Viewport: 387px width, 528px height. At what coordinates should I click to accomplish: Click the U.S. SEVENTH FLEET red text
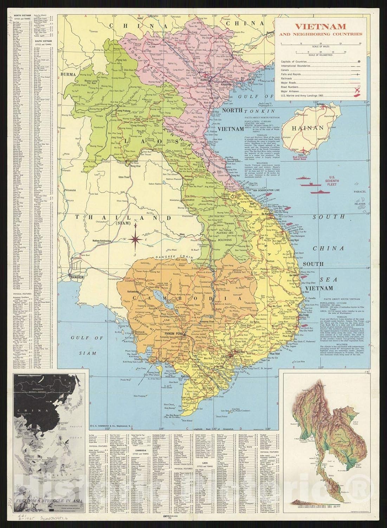[x=333, y=174]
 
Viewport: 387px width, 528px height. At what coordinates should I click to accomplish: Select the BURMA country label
[x=68, y=74]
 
